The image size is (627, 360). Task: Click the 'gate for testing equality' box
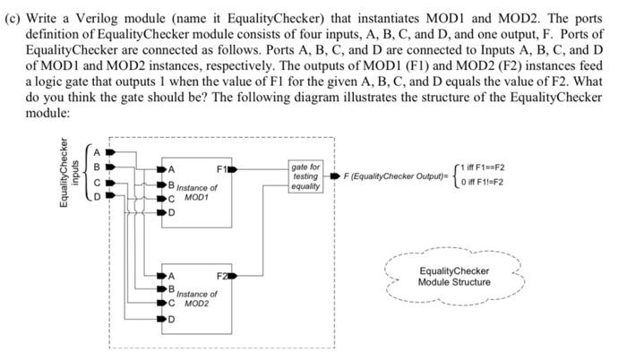305,176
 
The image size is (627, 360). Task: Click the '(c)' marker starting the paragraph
13,12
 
